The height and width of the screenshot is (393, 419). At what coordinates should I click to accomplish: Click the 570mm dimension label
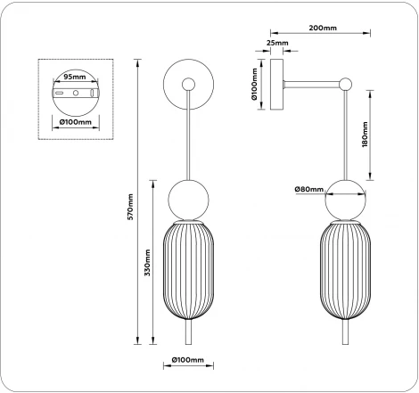(130, 208)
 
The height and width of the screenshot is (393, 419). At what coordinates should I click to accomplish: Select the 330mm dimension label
(147, 266)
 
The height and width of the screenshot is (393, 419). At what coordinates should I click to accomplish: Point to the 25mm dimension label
(276, 42)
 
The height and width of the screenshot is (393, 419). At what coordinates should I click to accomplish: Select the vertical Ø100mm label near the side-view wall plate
(255, 85)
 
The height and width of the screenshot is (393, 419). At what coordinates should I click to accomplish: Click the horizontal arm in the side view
(312, 86)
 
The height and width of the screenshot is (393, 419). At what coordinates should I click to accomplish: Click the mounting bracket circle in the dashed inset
(76, 94)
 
